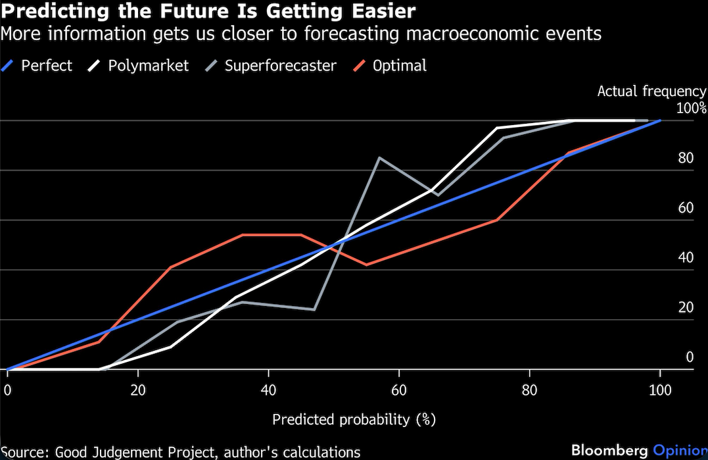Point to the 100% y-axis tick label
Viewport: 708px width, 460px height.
pos(691,109)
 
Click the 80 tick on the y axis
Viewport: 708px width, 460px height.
pos(686,159)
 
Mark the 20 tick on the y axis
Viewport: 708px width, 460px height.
pos(686,307)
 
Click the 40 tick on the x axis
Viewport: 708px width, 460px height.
pos(268,390)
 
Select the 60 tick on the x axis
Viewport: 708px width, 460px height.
pos(399,390)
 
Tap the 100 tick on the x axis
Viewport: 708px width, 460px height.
pos(659,390)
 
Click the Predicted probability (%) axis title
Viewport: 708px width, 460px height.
pos(354,419)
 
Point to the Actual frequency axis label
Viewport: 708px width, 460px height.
pos(651,91)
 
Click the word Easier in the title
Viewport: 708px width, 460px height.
pos(385,11)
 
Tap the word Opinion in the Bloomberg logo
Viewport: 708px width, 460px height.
pos(677,451)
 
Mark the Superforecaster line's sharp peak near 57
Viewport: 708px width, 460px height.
pos(379,158)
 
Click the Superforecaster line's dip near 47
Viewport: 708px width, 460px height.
pos(314,309)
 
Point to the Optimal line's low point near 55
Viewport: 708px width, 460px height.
pos(366,265)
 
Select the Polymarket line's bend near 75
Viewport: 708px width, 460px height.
pos(497,128)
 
